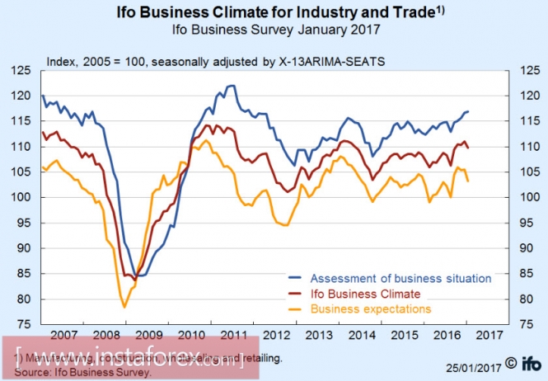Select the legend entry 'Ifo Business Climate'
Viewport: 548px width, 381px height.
tap(366, 293)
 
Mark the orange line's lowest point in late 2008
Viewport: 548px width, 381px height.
tap(124, 308)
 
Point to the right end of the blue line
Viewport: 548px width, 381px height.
tap(466, 111)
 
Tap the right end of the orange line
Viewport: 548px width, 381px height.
tap(468, 181)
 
